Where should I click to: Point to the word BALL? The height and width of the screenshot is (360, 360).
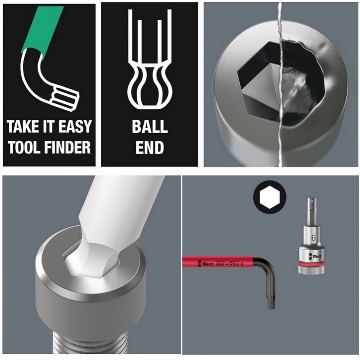click(150, 126)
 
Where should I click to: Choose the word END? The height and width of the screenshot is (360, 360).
click(150, 148)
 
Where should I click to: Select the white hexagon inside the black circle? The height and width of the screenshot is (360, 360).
click(270, 197)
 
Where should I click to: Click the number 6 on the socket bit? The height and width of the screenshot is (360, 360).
click(313, 238)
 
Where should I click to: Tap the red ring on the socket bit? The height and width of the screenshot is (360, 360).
click(311, 264)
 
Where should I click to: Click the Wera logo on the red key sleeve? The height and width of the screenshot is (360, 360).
click(206, 264)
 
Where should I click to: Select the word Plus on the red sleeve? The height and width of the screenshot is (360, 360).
click(234, 264)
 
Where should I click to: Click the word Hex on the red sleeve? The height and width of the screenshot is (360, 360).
click(220, 264)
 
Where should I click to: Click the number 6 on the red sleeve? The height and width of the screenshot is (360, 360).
click(242, 264)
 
